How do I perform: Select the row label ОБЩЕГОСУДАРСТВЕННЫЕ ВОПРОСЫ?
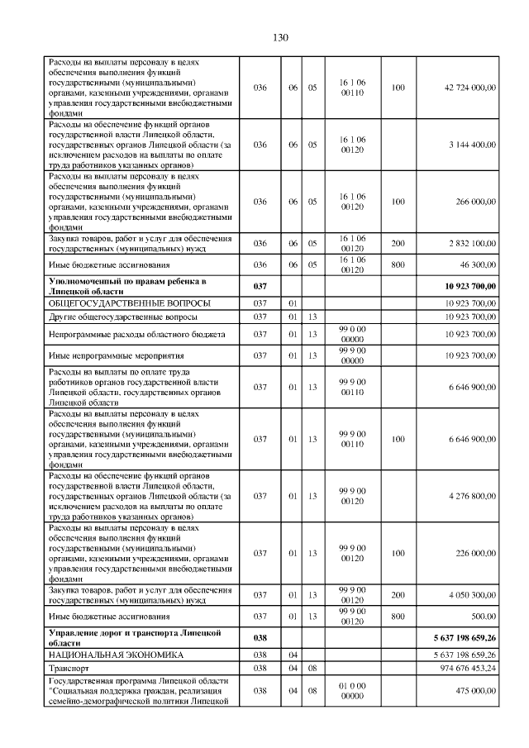[129, 303]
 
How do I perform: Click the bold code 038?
[260, 637]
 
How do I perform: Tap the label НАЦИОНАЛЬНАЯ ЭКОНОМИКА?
[113, 654]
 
